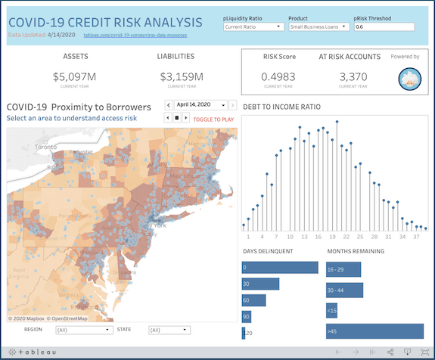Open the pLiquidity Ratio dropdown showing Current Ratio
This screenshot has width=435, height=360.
point(253,26)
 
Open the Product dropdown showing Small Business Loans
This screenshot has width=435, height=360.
point(318,26)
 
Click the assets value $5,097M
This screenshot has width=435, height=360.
point(76,76)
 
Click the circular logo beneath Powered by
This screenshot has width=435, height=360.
point(409,79)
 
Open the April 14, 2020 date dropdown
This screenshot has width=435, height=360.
point(202,105)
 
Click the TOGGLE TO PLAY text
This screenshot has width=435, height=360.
point(213,119)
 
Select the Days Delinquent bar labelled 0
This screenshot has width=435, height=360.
point(280,268)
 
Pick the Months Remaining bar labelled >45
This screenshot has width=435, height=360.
point(374,331)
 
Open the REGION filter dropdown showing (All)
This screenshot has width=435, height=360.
point(83,331)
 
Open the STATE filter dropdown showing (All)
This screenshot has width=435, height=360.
point(169,331)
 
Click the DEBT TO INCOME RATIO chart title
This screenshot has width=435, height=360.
point(281,107)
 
